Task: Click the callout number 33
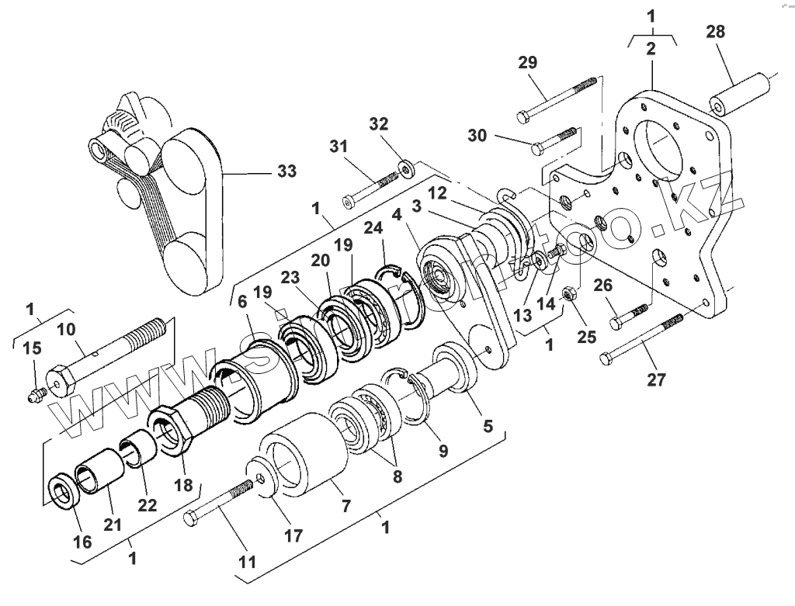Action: tap(286, 172)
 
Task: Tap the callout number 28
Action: tap(717, 32)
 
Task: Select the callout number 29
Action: tap(527, 63)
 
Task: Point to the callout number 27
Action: tap(658, 379)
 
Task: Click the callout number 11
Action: tap(246, 561)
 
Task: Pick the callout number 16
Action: tap(82, 541)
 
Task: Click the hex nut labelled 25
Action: tap(568, 296)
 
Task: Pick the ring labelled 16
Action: tap(61, 492)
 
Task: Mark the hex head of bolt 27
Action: tap(608, 358)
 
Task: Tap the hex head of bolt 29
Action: tap(523, 118)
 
